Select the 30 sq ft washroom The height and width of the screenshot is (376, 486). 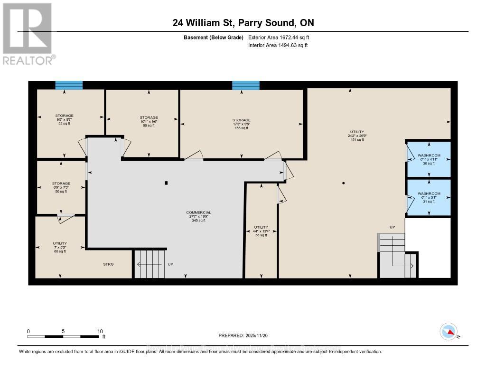[x=429, y=159]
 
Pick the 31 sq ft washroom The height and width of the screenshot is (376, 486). [x=429, y=197]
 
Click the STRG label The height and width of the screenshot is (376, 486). [x=109, y=264]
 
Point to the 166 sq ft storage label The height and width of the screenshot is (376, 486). [x=241, y=124]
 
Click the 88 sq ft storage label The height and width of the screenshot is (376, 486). [x=149, y=121]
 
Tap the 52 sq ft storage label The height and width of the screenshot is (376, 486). [x=64, y=119]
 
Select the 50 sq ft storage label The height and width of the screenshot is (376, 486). [x=61, y=187]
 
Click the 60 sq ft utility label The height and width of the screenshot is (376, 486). [x=60, y=247]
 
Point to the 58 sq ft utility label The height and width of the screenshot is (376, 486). [x=261, y=231]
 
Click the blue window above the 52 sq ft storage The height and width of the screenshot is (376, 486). [x=69, y=85]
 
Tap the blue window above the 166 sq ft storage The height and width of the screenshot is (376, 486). [x=246, y=85]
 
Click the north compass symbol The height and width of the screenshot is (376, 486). [x=449, y=331]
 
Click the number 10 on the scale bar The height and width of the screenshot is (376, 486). [x=100, y=331]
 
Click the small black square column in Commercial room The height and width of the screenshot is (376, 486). [x=166, y=183]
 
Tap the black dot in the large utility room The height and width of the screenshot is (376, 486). [x=344, y=183]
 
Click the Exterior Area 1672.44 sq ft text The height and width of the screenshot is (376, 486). [x=279, y=37]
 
